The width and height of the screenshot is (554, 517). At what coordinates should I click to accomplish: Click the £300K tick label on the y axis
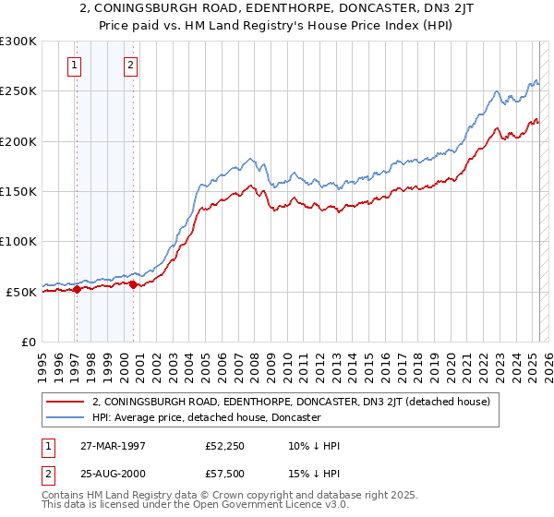(x=18, y=42)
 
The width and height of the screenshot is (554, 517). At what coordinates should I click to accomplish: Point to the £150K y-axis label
(x=18, y=191)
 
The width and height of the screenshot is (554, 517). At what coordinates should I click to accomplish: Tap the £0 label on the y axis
(x=28, y=342)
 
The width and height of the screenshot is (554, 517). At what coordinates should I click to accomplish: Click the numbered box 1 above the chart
(x=74, y=65)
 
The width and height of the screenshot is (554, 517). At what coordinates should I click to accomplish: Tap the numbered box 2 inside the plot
(x=131, y=65)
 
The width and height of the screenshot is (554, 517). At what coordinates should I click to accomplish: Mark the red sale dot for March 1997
(x=78, y=289)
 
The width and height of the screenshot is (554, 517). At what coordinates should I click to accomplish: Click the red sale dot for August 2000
(x=134, y=284)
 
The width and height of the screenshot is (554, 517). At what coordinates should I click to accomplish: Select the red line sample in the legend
(x=66, y=402)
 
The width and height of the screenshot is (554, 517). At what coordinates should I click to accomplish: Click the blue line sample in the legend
(x=66, y=417)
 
